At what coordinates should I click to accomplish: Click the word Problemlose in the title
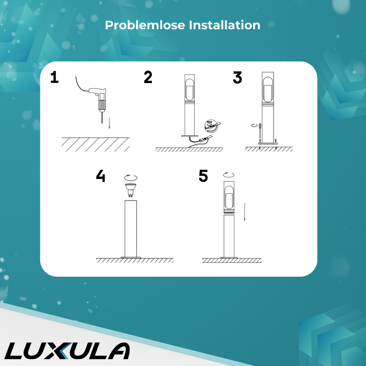point(145,25)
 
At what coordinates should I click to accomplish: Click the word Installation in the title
point(225,25)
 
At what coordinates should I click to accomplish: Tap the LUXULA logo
point(67,351)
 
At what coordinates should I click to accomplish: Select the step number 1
point(55,77)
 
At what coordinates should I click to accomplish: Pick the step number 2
point(148,77)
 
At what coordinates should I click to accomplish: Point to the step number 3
point(238,78)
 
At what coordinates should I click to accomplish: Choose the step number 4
point(101,176)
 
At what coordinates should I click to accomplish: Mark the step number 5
point(203,176)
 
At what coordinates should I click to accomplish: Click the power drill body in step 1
point(99,98)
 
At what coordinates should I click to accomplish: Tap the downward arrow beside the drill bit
point(109,123)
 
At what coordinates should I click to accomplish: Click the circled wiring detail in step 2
point(211,126)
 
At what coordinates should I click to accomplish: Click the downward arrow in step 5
point(244,212)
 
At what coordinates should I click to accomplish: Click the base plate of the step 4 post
point(131,257)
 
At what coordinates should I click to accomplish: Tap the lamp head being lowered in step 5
point(229,197)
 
